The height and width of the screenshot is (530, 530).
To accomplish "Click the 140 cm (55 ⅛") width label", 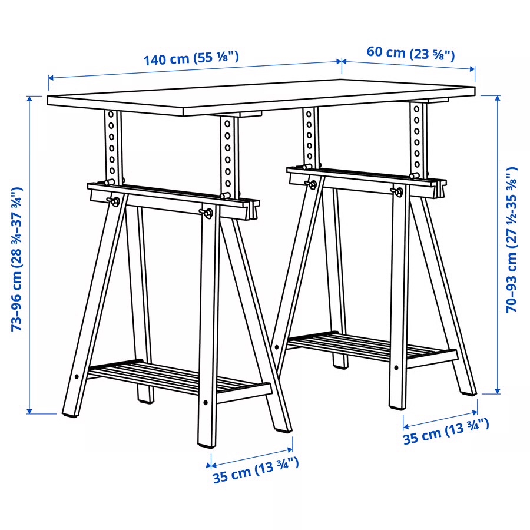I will pos(191,58).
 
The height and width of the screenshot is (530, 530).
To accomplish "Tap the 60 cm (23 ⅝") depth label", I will pos(410,52).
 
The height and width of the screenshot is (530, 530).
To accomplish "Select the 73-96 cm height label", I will pos(17,259).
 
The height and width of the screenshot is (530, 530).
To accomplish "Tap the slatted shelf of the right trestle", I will pos(371,347).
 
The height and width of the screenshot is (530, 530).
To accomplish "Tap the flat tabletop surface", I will pos(259,94).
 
